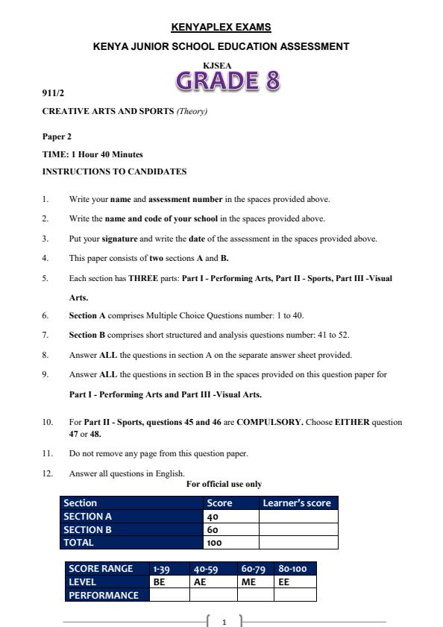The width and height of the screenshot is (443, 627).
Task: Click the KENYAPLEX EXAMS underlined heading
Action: (221, 28)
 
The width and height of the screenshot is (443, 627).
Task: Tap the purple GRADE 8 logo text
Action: (228, 81)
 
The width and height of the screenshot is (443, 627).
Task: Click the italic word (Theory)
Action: (192, 112)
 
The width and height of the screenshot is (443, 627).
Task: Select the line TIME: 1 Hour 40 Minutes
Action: (92, 154)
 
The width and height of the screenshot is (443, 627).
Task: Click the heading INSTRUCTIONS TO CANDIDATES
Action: (114, 171)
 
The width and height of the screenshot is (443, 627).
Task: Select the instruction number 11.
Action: (47, 453)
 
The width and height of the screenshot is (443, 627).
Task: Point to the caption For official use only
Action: (224, 484)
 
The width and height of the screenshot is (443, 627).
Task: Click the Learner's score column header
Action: (297, 503)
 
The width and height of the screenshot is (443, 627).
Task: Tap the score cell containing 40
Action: (213, 516)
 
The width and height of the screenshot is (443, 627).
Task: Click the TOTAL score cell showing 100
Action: (215, 543)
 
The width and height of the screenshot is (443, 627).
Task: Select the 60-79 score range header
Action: (254, 569)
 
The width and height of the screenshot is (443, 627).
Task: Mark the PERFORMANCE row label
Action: (104, 595)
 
